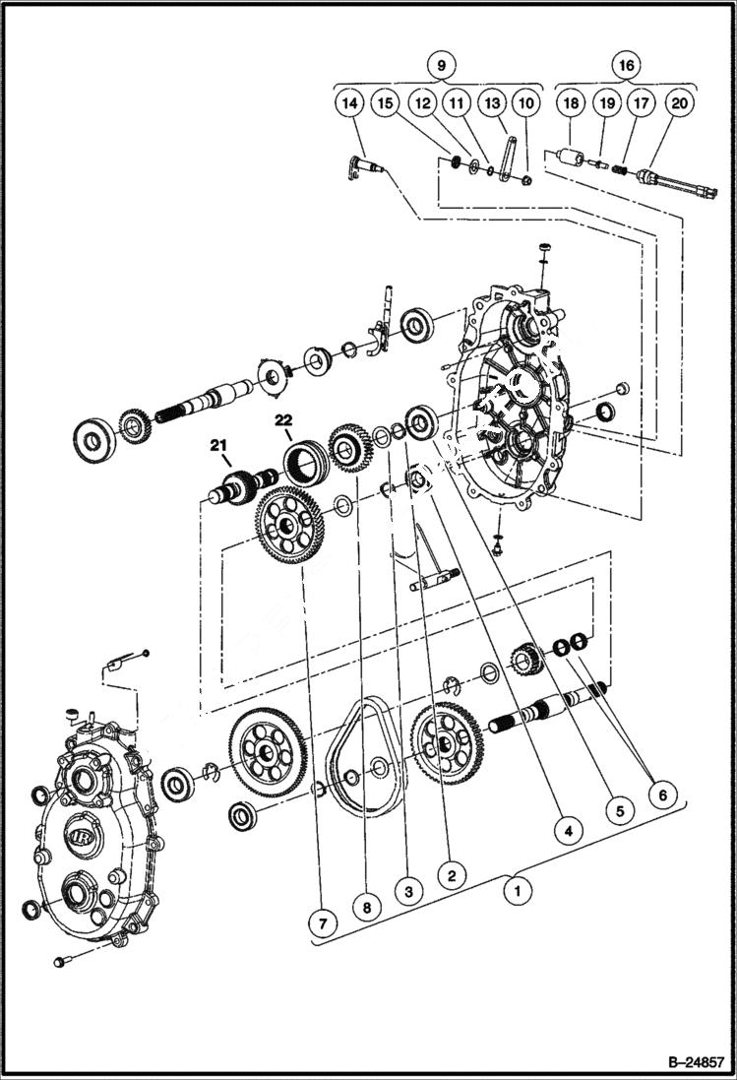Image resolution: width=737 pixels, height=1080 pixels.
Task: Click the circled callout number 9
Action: (442, 66)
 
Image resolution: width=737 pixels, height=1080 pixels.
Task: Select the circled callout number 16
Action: (626, 66)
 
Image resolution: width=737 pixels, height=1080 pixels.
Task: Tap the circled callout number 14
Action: (347, 102)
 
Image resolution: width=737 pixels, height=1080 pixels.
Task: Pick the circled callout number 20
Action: (680, 102)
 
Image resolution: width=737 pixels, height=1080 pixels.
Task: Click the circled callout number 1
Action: (513, 891)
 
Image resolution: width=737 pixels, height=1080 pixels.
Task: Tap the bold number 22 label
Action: (284, 419)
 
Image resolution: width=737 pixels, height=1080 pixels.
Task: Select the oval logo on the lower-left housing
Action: (81, 838)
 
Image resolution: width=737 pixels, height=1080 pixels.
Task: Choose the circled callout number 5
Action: (619, 811)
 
